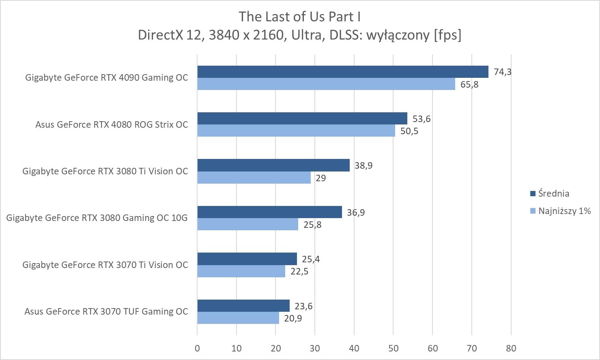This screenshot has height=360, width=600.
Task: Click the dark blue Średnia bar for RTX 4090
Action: coord(343,72)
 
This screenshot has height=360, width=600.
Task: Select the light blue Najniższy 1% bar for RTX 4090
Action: coord(326,84)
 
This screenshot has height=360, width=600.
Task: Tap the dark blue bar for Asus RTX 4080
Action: coord(302,118)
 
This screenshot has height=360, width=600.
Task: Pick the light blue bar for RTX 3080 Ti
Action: coord(254,178)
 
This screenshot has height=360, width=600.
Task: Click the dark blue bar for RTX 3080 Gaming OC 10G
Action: coord(269,212)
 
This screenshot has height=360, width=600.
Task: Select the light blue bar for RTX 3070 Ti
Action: coord(241,271)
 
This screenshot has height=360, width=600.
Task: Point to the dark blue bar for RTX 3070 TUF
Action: coord(243,306)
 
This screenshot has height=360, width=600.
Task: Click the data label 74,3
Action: coord(503,72)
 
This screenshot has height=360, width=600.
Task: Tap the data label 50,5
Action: coord(409,131)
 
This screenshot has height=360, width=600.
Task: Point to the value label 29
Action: coord(321,178)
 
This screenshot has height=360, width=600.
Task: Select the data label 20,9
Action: coord(293,318)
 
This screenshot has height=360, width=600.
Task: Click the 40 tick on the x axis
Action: coord(354,348)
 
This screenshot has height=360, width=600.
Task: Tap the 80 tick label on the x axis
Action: coord(511,348)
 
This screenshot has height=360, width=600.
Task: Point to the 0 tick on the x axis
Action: coord(197,348)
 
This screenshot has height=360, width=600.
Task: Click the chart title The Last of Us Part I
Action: coord(299,17)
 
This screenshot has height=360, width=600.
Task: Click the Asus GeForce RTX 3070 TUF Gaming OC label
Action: coord(106,311)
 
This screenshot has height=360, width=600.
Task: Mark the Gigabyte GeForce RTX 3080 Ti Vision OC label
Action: coord(105,171)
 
